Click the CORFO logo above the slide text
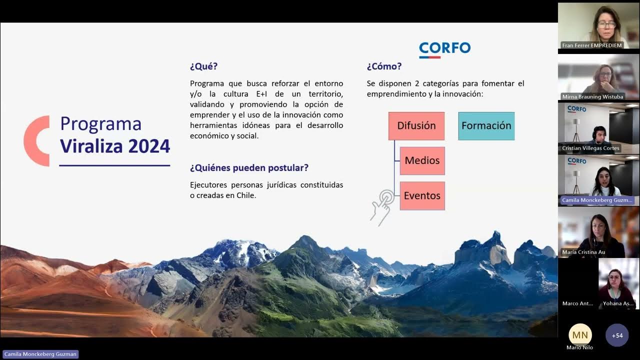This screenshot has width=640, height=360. (x=444, y=49)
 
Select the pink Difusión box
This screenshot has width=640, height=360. (x=416, y=126)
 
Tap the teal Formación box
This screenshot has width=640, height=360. (x=486, y=126)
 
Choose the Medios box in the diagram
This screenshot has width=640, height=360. (x=422, y=160)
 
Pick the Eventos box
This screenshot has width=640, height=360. (x=422, y=195)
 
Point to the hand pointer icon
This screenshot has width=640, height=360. (x=382, y=206)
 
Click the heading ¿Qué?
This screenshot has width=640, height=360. (x=203, y=66)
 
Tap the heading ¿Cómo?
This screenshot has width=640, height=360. (x=384, y=66)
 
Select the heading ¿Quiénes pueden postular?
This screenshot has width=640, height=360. (x=249, y=167)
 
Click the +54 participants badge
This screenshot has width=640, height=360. (x=617, y=335)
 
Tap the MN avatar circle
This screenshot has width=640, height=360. (x=580, y=334)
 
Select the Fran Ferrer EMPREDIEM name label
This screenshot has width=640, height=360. (x=592, y=45)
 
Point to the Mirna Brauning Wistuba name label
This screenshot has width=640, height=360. (x=593, y=97)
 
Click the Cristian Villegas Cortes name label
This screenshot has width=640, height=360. (x=590, y=148)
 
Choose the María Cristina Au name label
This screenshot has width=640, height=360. (x=583, y=252)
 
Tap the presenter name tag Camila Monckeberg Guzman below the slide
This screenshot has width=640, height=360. (x=40, y=354)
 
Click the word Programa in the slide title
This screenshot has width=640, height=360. (x=100, y=123)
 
